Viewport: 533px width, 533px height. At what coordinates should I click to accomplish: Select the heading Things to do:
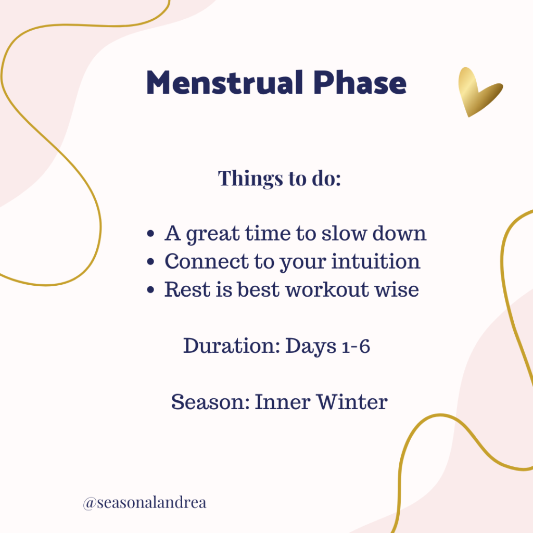point(280,178)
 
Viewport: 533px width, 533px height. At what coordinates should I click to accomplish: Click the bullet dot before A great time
point(151,235)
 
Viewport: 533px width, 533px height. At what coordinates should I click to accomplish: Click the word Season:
point(210,402)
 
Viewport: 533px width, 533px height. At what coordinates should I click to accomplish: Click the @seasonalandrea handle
point(145,503)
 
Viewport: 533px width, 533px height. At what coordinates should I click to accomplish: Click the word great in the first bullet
point(212,235)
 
